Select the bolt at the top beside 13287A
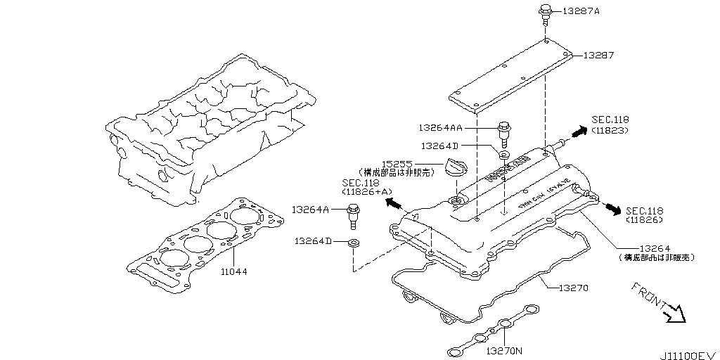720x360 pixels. tap(545, 13)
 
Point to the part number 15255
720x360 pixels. tap(397, 162)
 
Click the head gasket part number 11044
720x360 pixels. tap(233, 271)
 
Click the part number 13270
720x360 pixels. tap(572, 288)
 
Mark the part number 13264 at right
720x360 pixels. tap(655, 248)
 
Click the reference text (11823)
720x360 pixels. tap(610, 130)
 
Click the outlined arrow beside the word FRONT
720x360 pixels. tap(675, 312)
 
